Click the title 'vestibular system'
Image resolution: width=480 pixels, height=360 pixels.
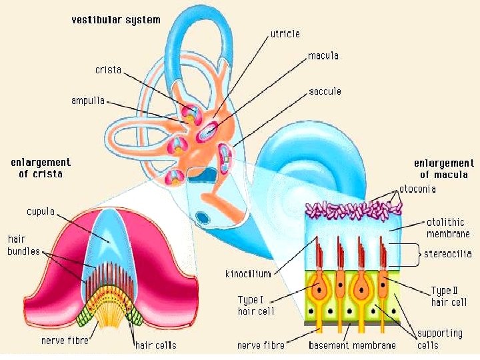116,19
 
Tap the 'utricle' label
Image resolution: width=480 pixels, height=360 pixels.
285,33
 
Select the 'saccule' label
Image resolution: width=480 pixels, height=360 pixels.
325,91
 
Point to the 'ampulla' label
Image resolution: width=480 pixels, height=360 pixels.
88,101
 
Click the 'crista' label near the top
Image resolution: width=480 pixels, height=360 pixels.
108,69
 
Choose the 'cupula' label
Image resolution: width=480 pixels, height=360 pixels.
41,211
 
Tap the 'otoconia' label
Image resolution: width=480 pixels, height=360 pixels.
417,189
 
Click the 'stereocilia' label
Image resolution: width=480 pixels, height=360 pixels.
448,253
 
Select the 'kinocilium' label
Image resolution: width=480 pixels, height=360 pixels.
248,274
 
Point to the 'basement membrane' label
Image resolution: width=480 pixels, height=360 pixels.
352,345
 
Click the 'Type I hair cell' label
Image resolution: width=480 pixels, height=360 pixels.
257,305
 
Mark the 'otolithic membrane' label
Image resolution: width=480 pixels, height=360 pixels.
448,228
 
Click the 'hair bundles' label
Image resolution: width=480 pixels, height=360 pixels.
24,245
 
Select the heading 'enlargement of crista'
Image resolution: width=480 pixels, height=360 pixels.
41,167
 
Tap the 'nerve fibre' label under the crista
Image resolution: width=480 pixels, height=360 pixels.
64,341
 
